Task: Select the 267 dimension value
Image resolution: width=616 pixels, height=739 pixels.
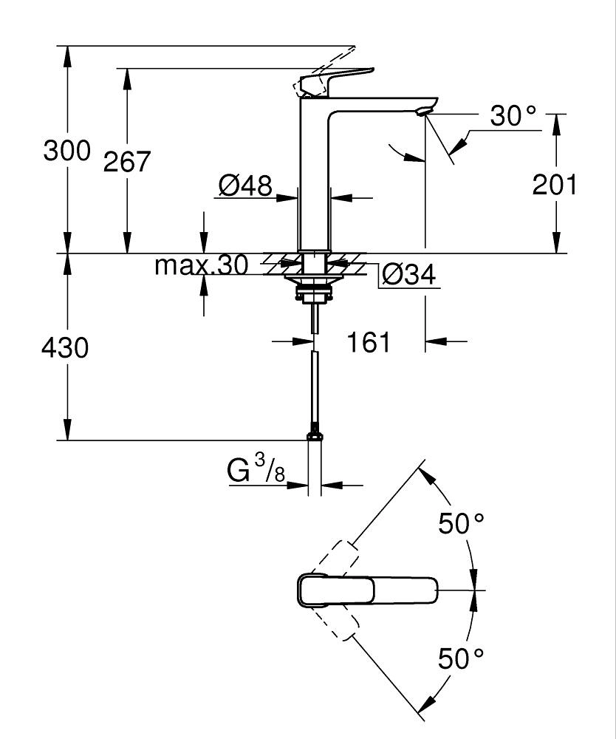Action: click(x=126, y=161)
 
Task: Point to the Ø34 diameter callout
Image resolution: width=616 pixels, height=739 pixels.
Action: click(x=409, y=275)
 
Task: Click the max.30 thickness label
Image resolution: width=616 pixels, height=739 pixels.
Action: click(x=201, y=265)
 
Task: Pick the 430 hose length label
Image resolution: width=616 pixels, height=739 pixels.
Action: click(x=65, y=347)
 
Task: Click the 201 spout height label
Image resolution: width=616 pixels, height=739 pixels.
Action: click(x=555, y=185)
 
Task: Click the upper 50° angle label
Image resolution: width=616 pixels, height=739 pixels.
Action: click(x=462, y=524)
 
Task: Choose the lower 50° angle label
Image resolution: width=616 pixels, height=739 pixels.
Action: click(x=462, y=658)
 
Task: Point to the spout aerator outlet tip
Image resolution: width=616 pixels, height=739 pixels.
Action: click(x=422, y=112)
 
